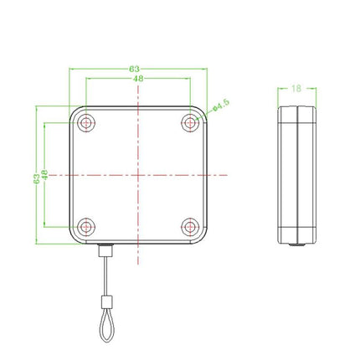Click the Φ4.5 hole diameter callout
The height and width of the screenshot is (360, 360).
220,104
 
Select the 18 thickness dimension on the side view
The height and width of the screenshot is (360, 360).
297,87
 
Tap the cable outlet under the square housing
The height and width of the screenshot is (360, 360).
104,250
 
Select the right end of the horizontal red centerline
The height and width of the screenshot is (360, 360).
226,175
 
